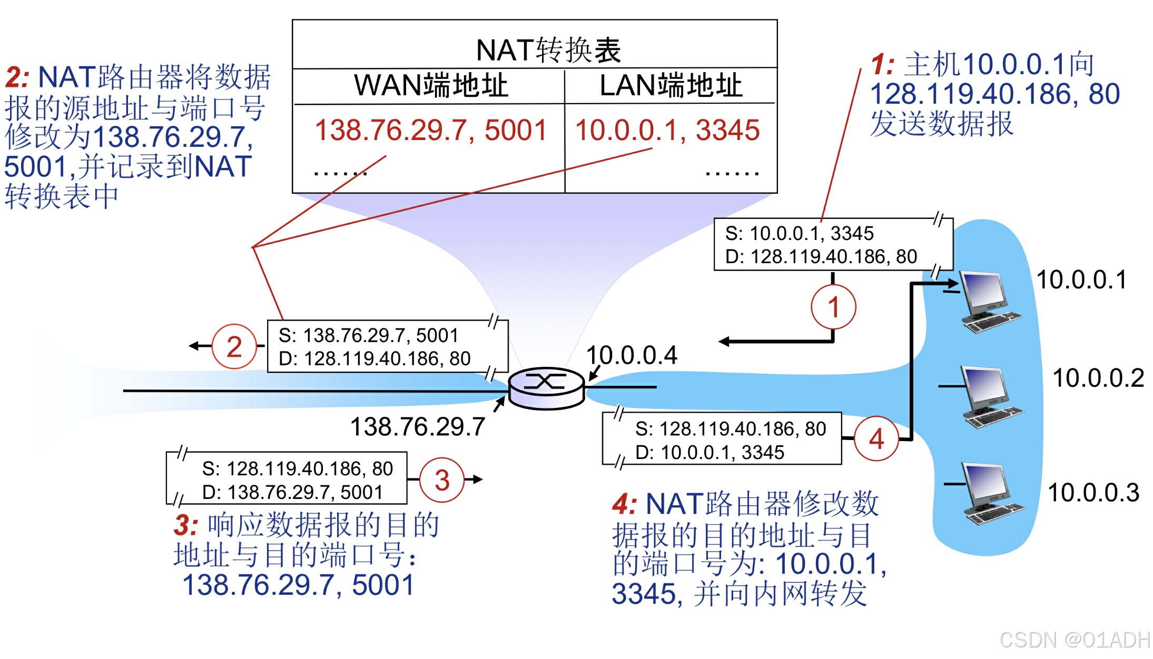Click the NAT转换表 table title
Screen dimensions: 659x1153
548,51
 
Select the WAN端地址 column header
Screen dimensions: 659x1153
431,85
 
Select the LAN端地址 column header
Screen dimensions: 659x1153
671,85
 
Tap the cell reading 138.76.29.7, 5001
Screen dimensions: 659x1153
430,130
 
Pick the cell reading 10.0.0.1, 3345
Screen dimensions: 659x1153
667,130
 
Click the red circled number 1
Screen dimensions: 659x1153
833,307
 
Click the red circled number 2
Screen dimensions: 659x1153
234,346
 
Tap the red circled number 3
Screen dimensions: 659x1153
442,480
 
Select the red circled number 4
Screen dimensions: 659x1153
876,438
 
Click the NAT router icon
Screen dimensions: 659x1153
546,388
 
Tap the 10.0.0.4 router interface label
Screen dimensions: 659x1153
632,355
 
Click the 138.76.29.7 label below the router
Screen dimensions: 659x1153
417,426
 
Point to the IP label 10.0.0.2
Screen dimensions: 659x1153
1098,378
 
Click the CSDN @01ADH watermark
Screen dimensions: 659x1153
1074,640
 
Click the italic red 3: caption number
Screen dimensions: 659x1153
186,525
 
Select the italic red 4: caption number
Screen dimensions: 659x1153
624,504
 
